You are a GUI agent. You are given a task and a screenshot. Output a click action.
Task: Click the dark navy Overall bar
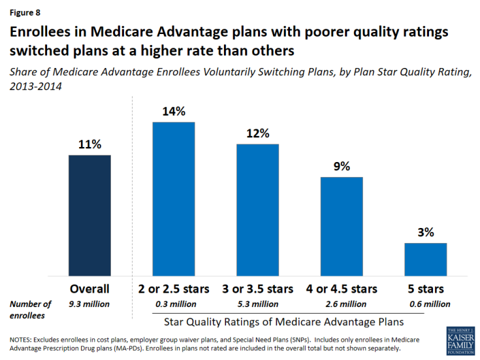pyautogui.click(x=89, y=215)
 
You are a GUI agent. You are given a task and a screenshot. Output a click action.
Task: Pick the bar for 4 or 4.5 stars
pyautogui.click(x=342, y=225)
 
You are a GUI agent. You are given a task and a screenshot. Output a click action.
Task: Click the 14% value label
pyautogui.click(x=174, y=111)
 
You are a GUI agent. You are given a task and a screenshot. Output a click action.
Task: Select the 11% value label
pyautogui.click(x=89, y=144)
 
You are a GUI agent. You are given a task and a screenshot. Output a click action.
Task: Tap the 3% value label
pyautogui.click(x=426, y=232)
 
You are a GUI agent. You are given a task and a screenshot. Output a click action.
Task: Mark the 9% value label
pyautogui.click(x=342, y=166)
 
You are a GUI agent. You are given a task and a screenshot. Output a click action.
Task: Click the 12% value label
pyautogui.click(x=257, y=133)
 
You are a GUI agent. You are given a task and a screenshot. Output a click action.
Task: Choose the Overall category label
pyautogui.click(x=89, y=289)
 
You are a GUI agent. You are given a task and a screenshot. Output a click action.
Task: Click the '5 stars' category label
pyautogui.click(x=426, y=289)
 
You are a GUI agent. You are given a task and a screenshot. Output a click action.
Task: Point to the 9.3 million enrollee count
pyautogui.click(x=89, y=304)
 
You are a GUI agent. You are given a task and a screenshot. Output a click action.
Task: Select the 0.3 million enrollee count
pyautogui.click(x=174, y=304)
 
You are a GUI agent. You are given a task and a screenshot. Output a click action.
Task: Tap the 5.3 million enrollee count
pyautogui.click(x=257, y=304)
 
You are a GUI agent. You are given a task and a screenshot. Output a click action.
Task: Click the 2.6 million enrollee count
pyautogui.click(x=342, y=304)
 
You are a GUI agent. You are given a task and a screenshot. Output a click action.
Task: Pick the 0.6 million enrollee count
pyautogui.click(x=426, y=304)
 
